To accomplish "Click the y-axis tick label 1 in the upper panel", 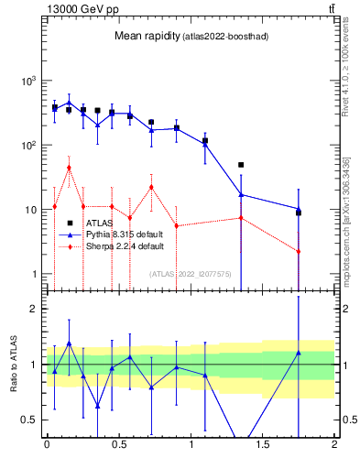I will (33, 274).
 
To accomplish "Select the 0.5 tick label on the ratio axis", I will (28, 420).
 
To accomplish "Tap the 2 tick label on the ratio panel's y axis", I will (33, 309).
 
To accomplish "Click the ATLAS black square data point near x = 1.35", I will (241, 165).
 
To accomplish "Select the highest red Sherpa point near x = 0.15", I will (69, 168).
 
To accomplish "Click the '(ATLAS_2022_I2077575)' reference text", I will (191, 273).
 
